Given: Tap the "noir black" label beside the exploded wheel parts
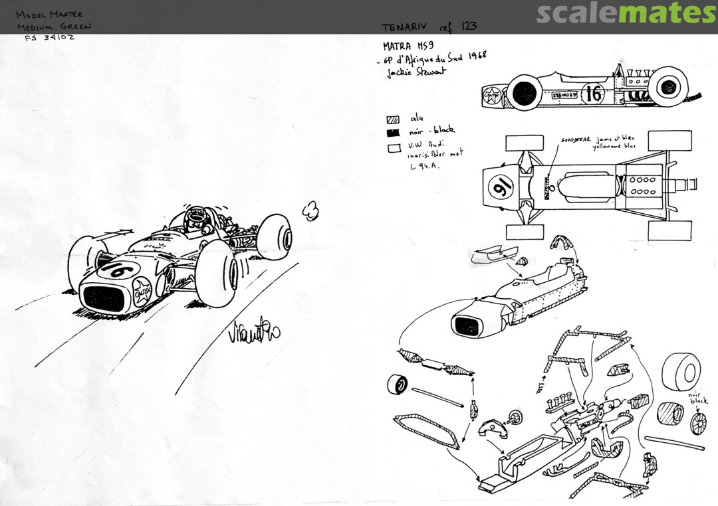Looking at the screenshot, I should coord(697,397).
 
